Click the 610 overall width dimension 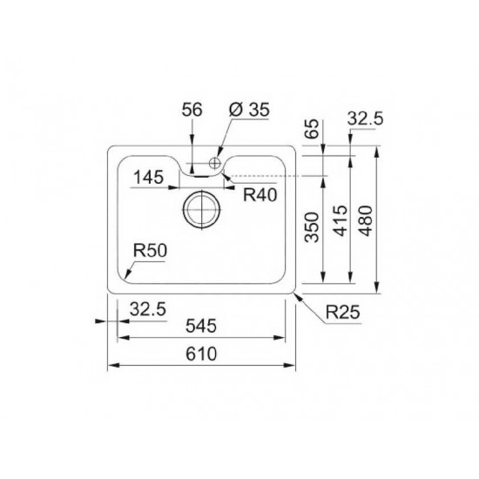(201, 354)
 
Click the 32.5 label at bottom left (147, 307)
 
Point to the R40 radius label (260, 195)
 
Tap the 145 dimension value (148, 180)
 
